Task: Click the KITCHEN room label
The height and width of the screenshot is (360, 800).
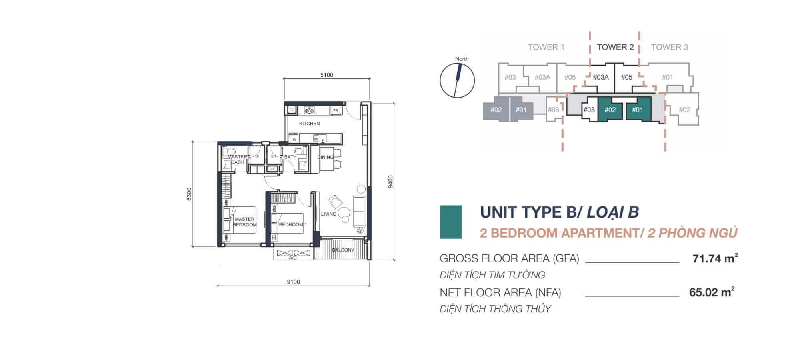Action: (x=309, y=124)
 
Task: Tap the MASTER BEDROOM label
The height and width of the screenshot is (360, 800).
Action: (x=245, y=222)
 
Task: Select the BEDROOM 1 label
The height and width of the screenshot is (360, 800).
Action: (x=293, y=224)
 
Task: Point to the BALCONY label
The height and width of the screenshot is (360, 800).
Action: (x=343, y=250)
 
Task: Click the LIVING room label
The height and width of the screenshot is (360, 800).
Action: (x=328, y=214)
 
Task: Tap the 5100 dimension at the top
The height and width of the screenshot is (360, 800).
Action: (x=326, y=75)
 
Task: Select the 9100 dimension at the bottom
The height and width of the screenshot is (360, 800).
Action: (x=293, y=282)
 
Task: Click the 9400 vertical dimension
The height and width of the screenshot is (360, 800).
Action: (x=391, y=181)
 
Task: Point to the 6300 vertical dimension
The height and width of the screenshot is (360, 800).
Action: (x=189, y=194)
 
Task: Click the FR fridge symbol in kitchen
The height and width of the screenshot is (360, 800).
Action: (x=336, y=110)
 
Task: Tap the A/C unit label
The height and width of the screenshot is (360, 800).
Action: (x=293, y=258)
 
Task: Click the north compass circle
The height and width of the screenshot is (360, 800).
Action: (x=457, y=80)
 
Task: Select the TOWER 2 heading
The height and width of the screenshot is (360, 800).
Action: (x=615, y=47)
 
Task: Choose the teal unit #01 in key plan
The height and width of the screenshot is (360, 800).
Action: (x=638, y=109)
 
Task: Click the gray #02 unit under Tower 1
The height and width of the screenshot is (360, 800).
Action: (x=496, y=109)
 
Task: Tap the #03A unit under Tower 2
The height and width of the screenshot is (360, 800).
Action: (x=600, y=77)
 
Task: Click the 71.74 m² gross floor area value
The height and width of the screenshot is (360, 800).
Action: (x=715, y=258)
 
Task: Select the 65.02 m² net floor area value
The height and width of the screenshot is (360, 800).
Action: (x=712, y=292)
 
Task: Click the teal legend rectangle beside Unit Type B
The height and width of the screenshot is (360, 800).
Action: (x=451, y=222)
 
